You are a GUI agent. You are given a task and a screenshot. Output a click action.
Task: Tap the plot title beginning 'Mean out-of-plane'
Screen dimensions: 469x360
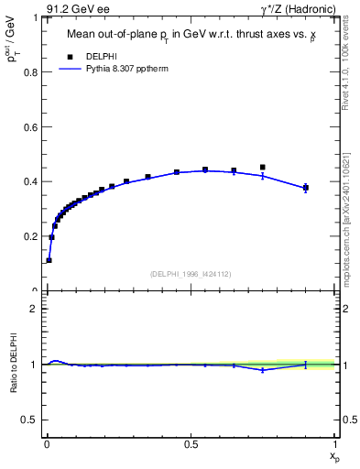(190, 36)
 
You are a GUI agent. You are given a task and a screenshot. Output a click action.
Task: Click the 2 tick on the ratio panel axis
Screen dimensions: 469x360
(37, 309)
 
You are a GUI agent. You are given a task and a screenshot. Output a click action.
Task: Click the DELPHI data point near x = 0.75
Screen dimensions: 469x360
(263, 168)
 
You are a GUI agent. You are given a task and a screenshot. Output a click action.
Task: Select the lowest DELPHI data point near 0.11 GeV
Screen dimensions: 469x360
(49, 260)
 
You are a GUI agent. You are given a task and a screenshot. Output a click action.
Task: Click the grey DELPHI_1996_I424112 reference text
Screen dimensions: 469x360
(190, 274)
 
